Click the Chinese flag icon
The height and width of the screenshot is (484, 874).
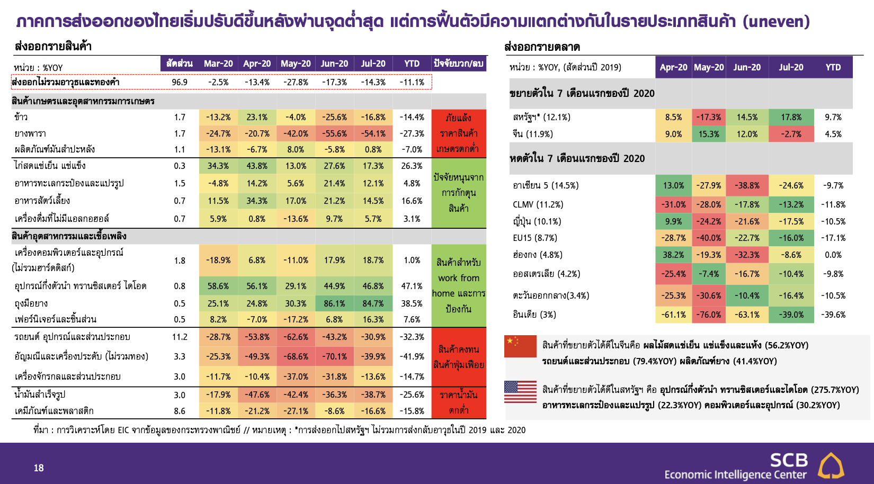tap(520, 346)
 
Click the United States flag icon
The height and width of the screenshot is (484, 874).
tap(520, 391)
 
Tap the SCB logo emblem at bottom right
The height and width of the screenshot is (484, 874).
tap(831, 465)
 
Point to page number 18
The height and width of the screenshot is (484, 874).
tap(39, 468)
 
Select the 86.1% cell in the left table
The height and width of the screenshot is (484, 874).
tap(334, 303)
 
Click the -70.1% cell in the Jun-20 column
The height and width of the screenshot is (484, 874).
tap(334, 356)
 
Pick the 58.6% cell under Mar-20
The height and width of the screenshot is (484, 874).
tap(218, 286)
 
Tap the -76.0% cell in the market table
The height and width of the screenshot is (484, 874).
tap(709, 315)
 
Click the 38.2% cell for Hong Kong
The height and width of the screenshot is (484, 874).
tap(673, 255)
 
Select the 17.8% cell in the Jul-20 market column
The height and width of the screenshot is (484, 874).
tap(791, 117)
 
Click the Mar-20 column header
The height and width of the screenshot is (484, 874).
tap(218, 64)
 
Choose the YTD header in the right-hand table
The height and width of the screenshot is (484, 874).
tap(833, 67)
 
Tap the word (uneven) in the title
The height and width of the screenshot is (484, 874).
tap(776, 22)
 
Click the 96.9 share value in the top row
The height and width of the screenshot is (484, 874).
tap(180, 82)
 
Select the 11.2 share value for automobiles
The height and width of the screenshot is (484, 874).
tap(180, 337)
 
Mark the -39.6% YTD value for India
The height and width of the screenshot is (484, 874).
tap(833, 315)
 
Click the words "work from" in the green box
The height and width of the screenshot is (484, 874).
tap(459, 278)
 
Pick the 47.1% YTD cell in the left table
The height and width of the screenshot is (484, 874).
tap(412, 286)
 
